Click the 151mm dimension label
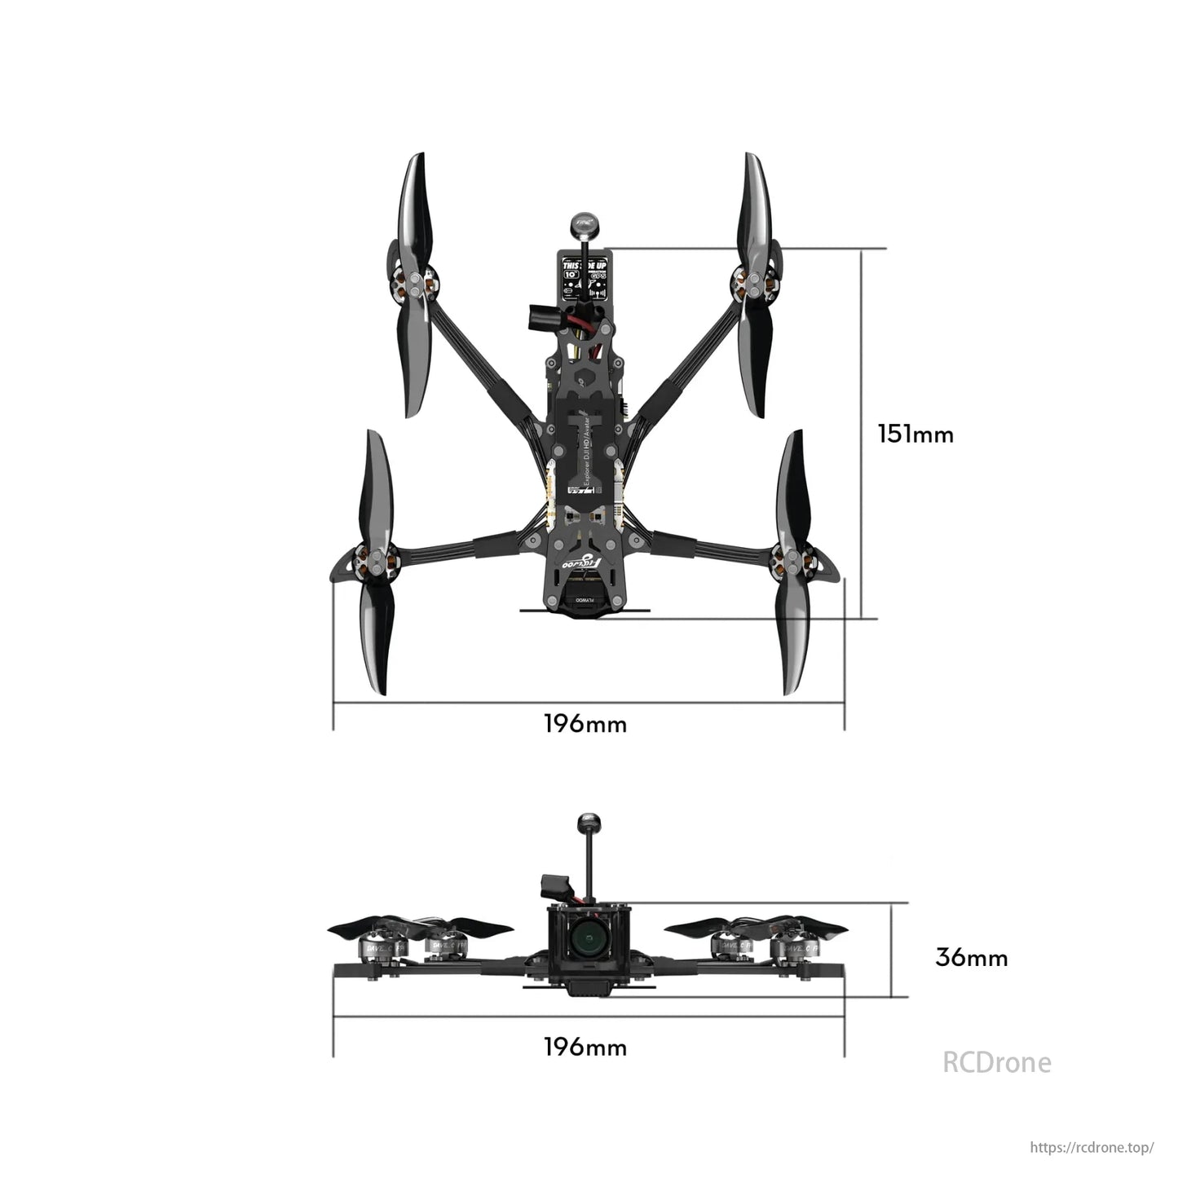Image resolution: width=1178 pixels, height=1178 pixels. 915,434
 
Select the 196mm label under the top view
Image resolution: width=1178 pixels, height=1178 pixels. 585,723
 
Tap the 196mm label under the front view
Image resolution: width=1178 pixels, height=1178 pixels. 585,1046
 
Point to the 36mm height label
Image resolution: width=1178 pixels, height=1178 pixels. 971,957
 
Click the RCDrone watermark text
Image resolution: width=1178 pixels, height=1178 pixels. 996,1062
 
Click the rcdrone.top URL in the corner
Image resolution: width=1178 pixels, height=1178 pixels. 1092,1147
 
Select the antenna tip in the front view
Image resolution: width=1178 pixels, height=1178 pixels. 586,822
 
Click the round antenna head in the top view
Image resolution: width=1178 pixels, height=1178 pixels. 581,223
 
